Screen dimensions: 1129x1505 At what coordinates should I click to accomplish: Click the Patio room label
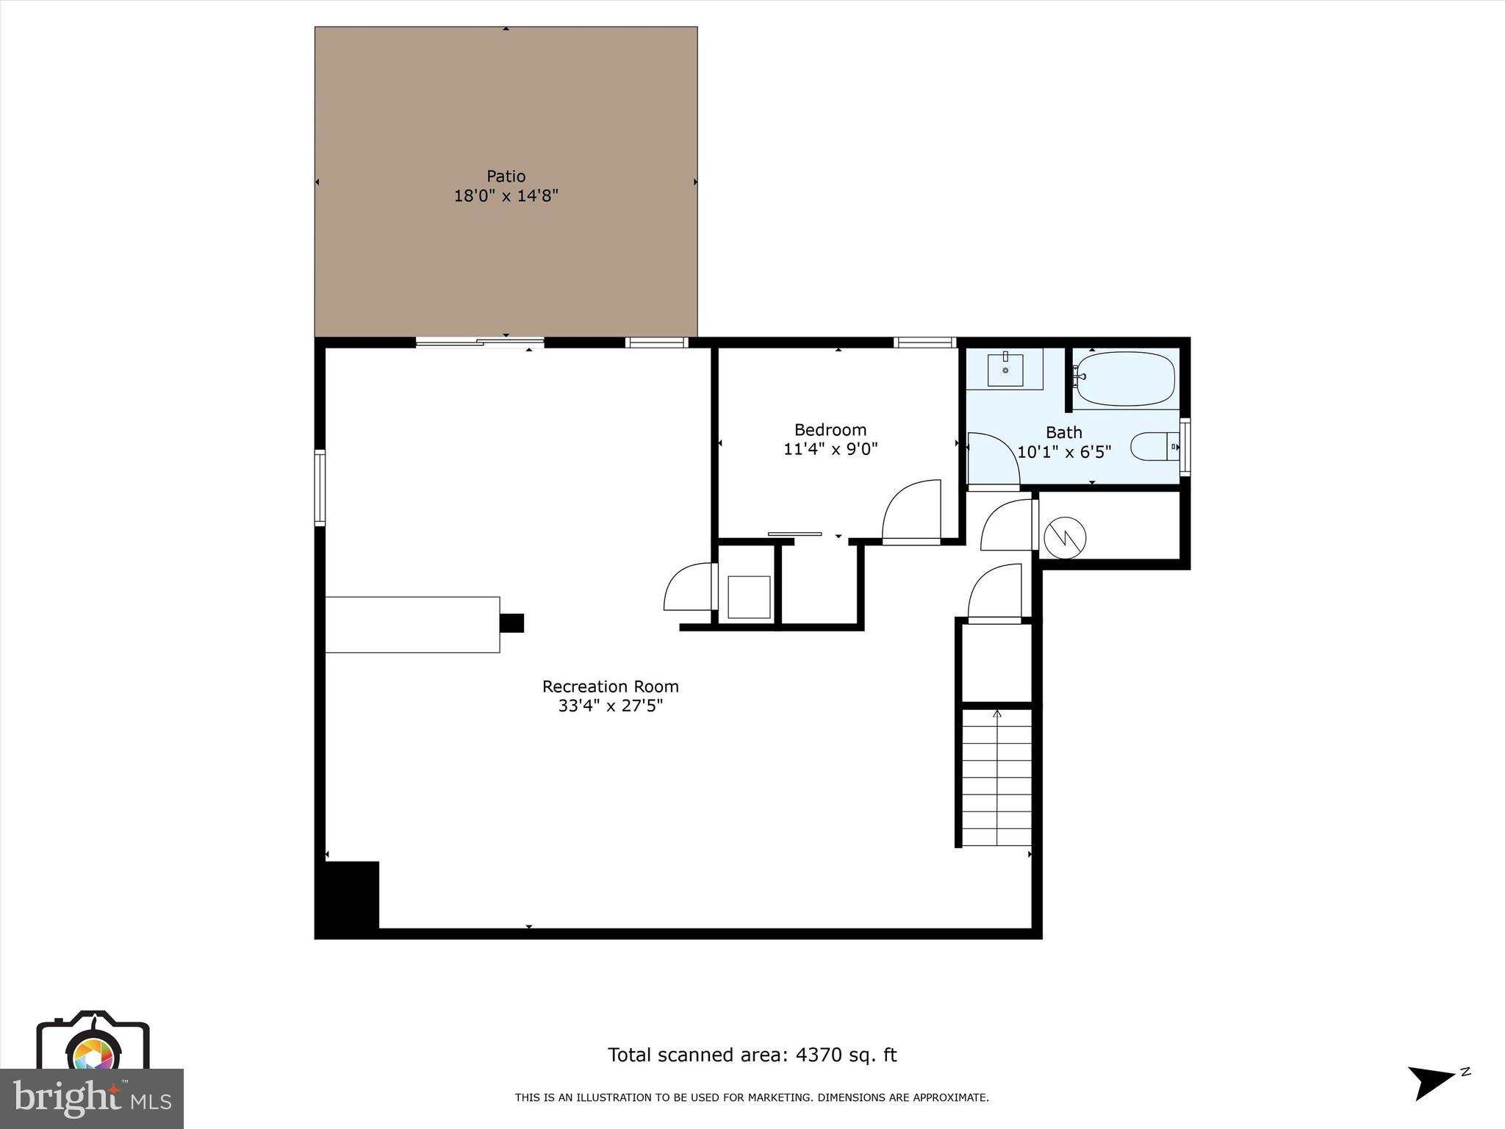506,176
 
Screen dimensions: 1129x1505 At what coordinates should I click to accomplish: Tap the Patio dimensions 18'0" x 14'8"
506,196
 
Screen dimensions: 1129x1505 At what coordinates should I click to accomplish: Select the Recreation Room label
610,687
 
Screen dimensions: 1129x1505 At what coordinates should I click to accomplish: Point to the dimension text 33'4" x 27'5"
610,706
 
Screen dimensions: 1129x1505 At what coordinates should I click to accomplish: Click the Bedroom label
830,430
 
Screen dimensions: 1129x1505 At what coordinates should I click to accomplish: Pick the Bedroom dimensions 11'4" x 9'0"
830,449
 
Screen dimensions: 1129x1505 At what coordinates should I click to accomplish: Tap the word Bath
1063,432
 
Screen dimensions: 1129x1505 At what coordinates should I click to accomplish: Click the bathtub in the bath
1124,379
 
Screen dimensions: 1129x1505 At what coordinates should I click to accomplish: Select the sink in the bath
1005,369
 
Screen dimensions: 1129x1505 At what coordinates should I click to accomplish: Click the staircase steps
996,778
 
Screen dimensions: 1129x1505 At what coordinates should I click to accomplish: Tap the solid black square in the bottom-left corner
348,897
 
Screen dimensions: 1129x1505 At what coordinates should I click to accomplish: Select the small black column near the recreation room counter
511,623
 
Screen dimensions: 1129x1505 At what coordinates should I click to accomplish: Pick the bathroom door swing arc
994,459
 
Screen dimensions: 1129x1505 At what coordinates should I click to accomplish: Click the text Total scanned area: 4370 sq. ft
752,1055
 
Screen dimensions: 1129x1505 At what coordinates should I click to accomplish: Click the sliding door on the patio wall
480,342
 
